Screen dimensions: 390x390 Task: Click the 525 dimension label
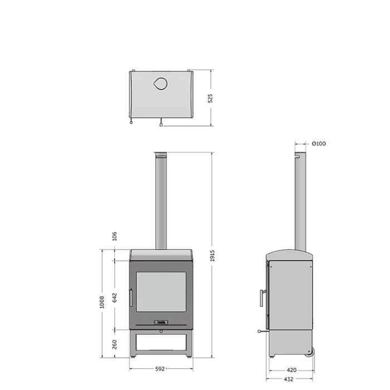point(210,99)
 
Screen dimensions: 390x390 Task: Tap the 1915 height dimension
point(212,256)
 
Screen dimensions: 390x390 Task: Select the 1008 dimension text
point(102,302)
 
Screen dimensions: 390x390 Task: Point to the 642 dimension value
point(114,298)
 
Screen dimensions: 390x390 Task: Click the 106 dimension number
point(114,236)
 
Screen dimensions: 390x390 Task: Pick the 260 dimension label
point(114,344)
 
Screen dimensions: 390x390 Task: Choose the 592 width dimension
point(160,369)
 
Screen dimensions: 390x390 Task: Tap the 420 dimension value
point(291,370)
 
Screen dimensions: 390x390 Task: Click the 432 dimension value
point(289,379)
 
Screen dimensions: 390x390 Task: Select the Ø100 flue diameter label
point(319,144)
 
